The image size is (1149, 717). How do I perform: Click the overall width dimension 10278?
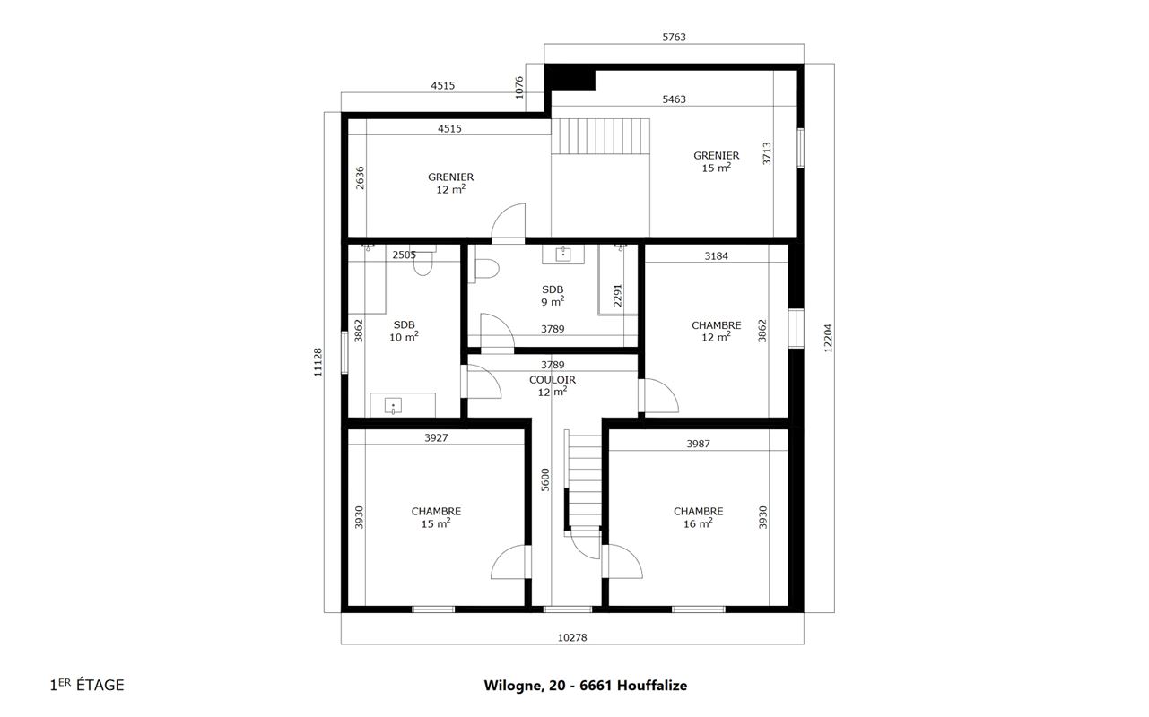click(572, 637)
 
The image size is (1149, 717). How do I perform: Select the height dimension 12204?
click(828, 338)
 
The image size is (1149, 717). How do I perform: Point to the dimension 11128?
click(318, 362)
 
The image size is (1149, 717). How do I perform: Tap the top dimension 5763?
click(674, 37)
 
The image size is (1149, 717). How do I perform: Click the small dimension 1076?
click(519, 87)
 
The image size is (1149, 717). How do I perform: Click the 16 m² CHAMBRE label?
click(698, 517)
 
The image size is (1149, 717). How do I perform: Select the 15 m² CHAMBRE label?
click(436, 517)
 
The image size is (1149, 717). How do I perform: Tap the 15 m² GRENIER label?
click(716, 161)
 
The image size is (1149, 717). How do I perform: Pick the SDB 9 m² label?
click(553, 296)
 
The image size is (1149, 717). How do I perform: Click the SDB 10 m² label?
click(405, 331)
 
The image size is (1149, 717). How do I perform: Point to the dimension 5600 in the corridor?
click(545, 479)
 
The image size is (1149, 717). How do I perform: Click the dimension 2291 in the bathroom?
click(618, 296)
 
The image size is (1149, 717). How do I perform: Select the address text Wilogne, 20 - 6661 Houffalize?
click(586, 686)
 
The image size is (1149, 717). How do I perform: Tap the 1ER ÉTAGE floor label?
click(87, 686)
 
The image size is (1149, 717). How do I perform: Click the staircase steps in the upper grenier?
click(601, 136)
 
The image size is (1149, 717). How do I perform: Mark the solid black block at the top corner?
click(570, 78)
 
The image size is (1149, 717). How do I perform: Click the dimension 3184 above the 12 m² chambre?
click(716, 255)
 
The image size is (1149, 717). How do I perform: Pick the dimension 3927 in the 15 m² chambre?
click(436, 437)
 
